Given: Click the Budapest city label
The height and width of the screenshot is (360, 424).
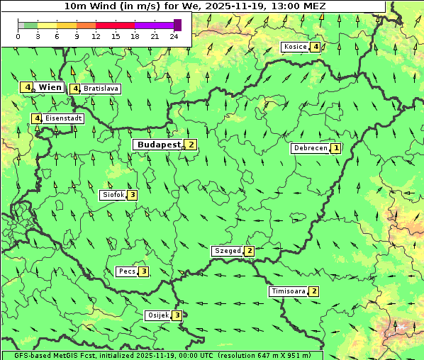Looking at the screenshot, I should [x=160, y=145].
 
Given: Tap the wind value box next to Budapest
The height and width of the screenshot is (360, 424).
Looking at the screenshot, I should [x=191, y=145].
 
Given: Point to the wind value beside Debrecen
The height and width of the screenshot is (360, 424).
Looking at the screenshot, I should [x=336, y=148].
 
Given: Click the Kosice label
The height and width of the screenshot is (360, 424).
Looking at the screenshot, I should [x=295, y=47].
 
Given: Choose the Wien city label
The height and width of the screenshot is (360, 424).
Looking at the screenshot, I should [x=50, y=87].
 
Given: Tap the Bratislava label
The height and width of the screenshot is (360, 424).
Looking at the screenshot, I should [x=100, y=89].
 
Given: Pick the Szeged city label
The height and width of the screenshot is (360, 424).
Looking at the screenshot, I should [x=227, y=251].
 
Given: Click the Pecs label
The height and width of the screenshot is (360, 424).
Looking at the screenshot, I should [x=127, y=271].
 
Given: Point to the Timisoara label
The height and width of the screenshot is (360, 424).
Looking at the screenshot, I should [x=288, y=291].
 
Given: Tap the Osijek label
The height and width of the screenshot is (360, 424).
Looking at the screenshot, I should [x=157, y=315].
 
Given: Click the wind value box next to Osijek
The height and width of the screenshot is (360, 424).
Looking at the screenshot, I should [x=177, y=315].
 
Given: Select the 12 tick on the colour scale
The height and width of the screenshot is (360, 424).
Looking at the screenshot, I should [x=96, y=35].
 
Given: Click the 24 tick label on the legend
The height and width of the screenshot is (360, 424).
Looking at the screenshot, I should [x=174, y=35].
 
